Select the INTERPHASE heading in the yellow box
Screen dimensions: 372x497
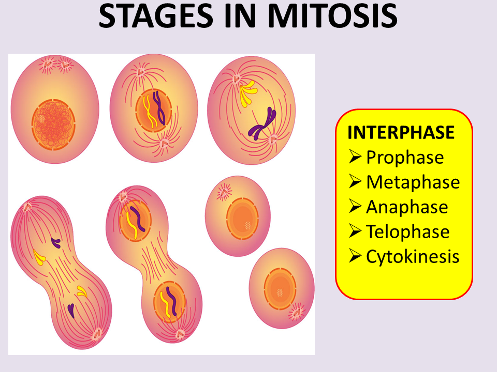pyautogui.click(x=401, y=132)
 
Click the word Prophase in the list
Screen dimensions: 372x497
pyautogui.click(x=405, y=157)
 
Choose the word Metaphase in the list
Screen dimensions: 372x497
pyautogui.click(x=413, y=182)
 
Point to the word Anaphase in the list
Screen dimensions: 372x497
pyautogui.click(x=407, y=207)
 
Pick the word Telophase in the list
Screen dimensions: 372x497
pyautogui.click(x=407, y=231)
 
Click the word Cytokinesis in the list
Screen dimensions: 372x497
pyautogui.click(x=413, y=256)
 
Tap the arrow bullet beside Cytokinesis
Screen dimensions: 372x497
pyautogui.click(x=355, y=256)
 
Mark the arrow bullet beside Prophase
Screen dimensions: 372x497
pyautogui.click(x=355, y=157)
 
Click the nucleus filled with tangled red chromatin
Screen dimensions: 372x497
pyautogui.click(x=53, y=123)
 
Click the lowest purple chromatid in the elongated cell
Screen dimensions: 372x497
pyautogui.click(x=71, y=309)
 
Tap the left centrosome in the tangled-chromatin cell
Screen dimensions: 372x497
pyautogui.click(x=48, y=64)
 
